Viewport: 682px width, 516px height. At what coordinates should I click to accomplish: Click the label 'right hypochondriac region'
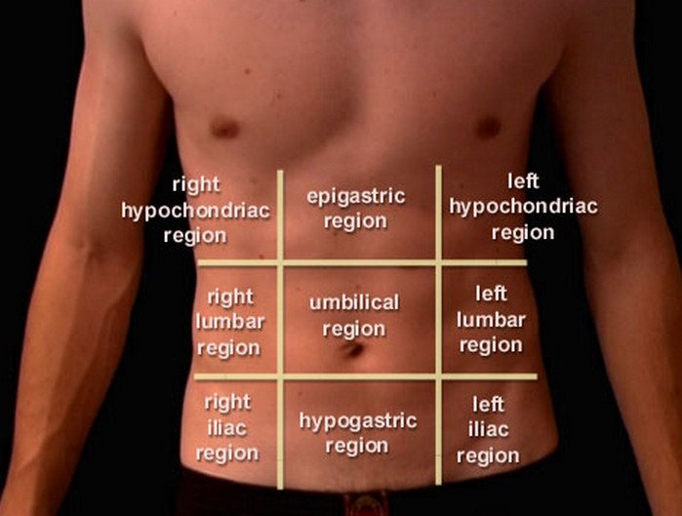tap(195, 209)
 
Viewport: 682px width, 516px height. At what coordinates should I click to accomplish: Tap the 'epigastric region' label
tap(355, 209)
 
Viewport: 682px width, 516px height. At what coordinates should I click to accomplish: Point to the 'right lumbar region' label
tap(229, 322)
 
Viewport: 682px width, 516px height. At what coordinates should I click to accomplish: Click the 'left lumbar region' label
tap(491, 319)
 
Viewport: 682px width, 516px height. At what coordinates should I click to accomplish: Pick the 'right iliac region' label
tap(227, 427)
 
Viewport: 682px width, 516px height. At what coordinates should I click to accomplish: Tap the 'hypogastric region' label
tap(357, 433)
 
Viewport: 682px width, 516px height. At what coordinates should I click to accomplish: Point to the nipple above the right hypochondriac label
tap(225, 127)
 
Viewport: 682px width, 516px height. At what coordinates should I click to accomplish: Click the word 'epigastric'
tap(355, 197)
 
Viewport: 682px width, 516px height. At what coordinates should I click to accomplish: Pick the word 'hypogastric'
tap(357, 421)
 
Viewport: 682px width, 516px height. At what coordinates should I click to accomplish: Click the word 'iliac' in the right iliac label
tap(227, 427)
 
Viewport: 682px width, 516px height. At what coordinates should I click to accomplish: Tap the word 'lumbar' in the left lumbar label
tap(491, 319)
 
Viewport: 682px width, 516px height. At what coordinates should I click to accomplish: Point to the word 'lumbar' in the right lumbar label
tap(229, 322)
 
